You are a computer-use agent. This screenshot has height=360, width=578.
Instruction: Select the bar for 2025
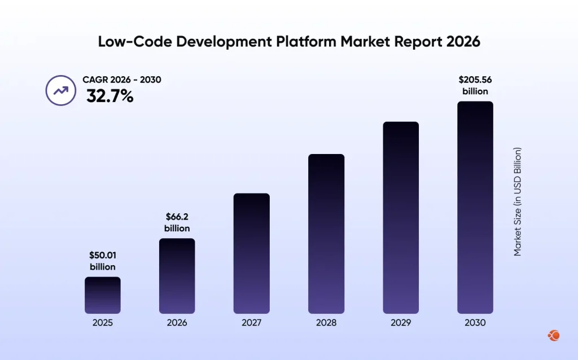pyautogui.click(x=103, y=295)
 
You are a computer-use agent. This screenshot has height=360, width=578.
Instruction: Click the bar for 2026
pyautogui.click(x=177, y=276)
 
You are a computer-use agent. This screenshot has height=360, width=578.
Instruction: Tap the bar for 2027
pyautogui.click(x=251, y=253)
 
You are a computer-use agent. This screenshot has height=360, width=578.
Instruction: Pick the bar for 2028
pyautogui.click(x=326, y=234)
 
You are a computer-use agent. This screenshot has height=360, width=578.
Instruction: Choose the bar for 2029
pyautogui.click(x=401, y=217)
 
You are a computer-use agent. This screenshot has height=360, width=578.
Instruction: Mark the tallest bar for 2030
pyautogui.click(x=475, y=207)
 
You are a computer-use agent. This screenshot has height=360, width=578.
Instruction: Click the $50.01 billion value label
pyautogui.click(x=102, y=261)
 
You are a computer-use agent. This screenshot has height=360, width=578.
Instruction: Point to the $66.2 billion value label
pyautogui.click(x=177, y=222)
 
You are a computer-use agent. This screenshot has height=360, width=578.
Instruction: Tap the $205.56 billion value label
pyautogui.click(x=475, y=85)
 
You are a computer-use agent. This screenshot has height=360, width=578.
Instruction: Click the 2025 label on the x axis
pyautogui.click(x=103, y=323)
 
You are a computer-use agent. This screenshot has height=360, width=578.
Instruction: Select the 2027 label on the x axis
pyautogui.click(x=251, y=323)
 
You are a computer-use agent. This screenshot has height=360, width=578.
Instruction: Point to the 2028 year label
pyautogui.click(x=326, y=323)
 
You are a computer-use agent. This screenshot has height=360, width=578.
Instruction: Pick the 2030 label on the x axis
pyautogui.click(x=475, y=323)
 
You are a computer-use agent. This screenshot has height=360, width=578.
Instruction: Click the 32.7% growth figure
pyautogui.click(x=110, y=96)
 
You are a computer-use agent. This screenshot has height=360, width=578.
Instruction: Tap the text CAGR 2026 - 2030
pyautogui.click(x=122, y=80)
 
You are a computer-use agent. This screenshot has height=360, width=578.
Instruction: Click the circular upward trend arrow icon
pyautogui.click(x=60, y=90)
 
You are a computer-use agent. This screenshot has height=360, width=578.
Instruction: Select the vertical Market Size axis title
pyautogui.click(x=518, y=202)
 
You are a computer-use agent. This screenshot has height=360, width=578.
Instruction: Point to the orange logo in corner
pyautogui.click(x=554, y=336)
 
